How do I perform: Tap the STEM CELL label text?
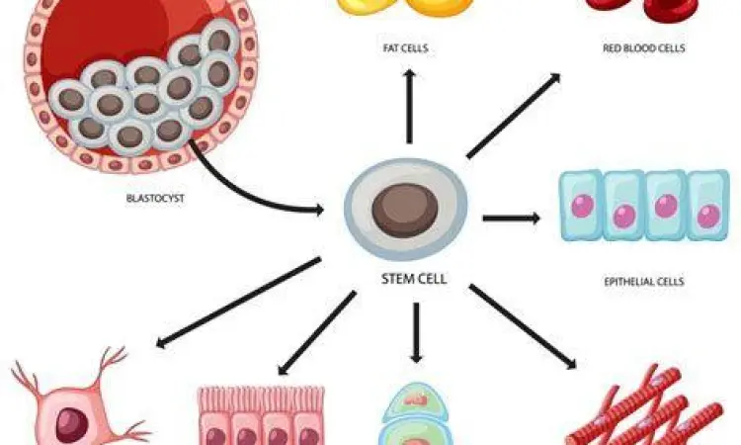tap(414, 279)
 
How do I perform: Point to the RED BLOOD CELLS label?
tap(644, 47)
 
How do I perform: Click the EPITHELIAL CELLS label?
tap(644, 282)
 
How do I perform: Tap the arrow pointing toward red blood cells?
tap(514, 116)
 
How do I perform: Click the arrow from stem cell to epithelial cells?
tap(511, 218)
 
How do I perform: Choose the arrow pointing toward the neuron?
tap(237, 303)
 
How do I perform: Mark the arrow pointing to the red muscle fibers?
tap(524, 327)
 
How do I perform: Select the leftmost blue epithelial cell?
tap(580, 206)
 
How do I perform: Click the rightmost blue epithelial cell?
tap(707, 206)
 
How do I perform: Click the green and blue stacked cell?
tap(415, 415)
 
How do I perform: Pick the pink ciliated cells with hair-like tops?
tap(262, 415)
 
